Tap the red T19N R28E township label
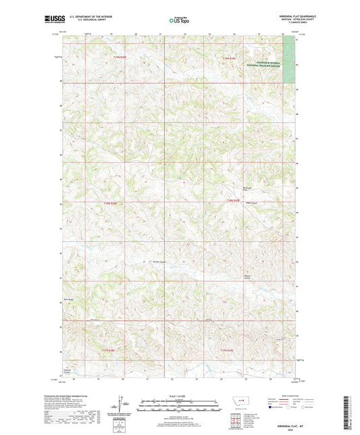point(120,57)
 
